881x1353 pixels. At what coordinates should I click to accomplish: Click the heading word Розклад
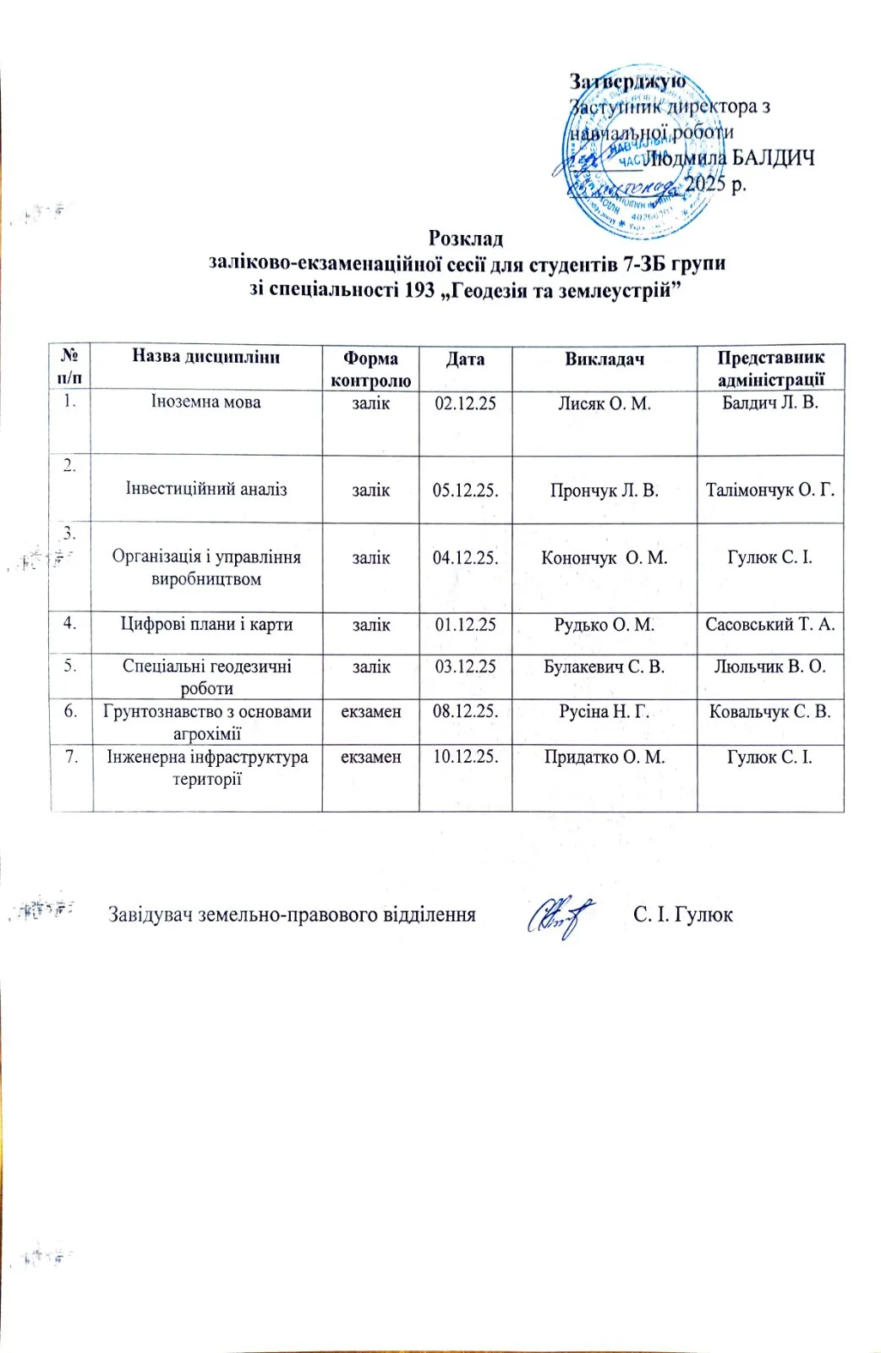coord(465,238)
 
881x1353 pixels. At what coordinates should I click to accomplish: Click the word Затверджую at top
coord(627,81)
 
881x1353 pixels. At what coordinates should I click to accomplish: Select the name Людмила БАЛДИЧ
coord(729,158)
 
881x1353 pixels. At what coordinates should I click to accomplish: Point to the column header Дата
coord(465,359)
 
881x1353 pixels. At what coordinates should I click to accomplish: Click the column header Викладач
coord(605,359)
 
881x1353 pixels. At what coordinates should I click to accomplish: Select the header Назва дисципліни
coord(205,356)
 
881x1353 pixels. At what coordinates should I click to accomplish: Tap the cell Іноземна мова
coord(205,403)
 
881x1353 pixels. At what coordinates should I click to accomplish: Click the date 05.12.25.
coord(465,490)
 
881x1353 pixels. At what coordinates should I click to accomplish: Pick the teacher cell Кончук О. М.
coord(605,558)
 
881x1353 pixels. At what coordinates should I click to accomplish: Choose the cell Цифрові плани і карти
coord(206,625)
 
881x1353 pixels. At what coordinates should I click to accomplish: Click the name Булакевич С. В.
coord(605,667)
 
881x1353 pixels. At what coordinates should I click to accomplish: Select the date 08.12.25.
coord(465,712)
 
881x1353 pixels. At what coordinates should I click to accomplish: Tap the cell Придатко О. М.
coord(605,757)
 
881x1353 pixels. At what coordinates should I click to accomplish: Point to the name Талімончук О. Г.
coord(770,490)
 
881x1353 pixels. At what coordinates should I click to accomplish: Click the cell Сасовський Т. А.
coord(770,625)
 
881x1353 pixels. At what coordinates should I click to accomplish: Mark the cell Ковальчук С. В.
coord(770,712)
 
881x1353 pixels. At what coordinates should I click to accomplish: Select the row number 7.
coord(72,756)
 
